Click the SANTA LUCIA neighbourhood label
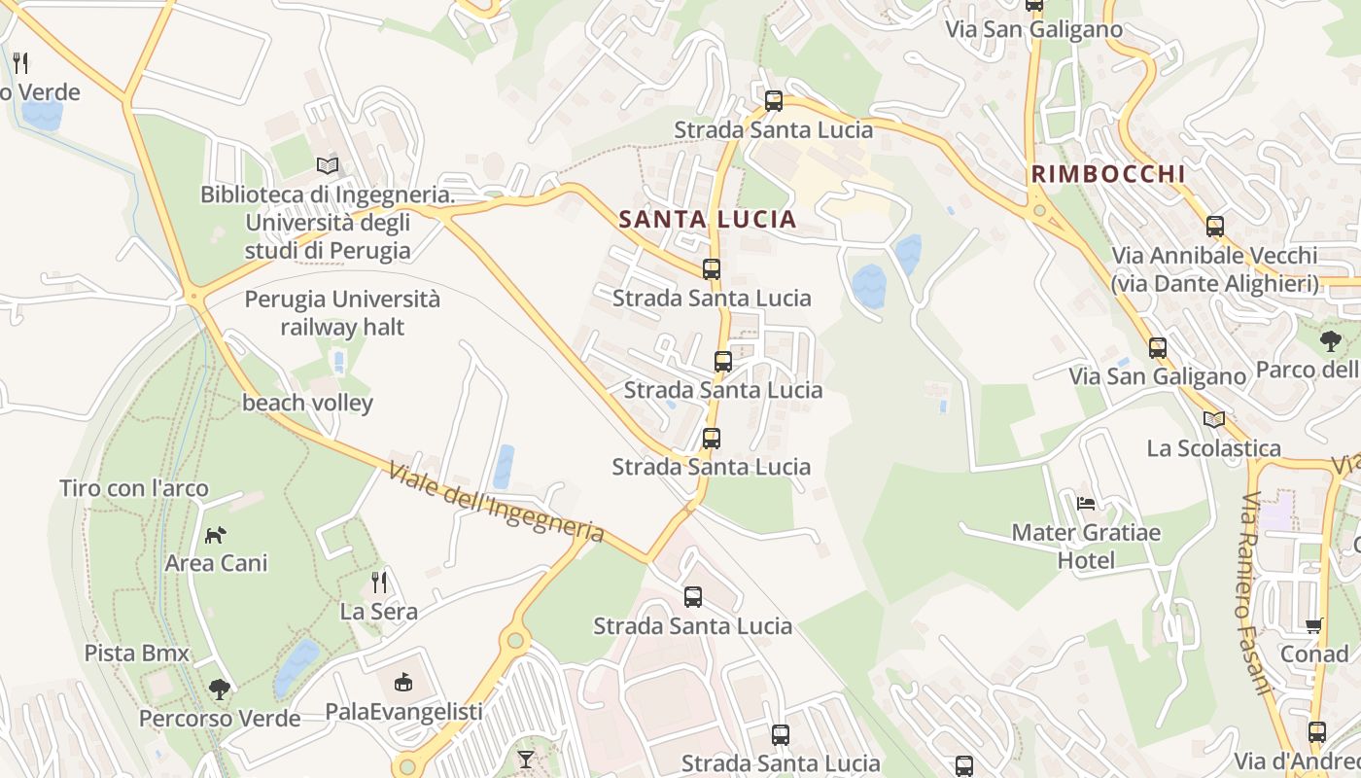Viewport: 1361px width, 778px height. click(x=708, y=219)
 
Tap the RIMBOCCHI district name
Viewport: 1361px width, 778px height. click(x=1108, y=175)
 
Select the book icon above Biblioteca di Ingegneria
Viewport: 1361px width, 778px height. click(x=328, y=166)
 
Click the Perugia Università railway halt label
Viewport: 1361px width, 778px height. click(x=342, y=313)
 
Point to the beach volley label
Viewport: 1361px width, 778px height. click(x=307, y=403)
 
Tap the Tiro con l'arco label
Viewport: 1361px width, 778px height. click(x=134, y=488)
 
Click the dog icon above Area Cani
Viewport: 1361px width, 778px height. click(x=216, y=535)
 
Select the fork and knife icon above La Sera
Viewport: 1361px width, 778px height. click(x=379, y=583)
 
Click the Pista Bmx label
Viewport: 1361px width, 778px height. click(x=137, y=653)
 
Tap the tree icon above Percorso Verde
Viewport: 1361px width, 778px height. click(x=220, y=690)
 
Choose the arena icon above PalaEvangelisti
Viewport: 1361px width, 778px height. click(x=403, y=683)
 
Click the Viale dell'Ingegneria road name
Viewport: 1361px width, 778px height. click(x=496, y=503)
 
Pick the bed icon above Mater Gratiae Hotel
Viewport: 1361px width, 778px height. click(x=1086, y=504)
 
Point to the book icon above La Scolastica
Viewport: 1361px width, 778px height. click(x=1213, y=419)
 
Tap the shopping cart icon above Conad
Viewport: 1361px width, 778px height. click(x=1314, y=625)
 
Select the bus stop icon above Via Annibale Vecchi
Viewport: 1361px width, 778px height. click(x=1215, y=227)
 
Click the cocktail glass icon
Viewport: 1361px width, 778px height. click(x=526, y=758)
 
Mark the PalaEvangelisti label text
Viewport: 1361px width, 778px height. click(x=403, y=712)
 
